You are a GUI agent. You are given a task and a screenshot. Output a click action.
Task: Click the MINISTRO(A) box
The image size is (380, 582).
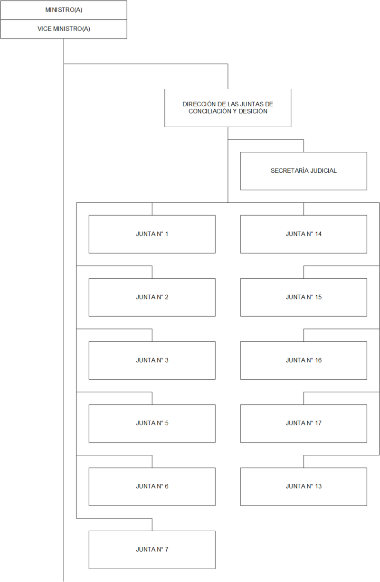coord(64,10)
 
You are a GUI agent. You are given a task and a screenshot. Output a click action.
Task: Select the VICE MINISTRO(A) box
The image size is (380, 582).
coord(64,29)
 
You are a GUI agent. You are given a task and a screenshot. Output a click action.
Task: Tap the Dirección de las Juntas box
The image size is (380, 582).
coord(228,108)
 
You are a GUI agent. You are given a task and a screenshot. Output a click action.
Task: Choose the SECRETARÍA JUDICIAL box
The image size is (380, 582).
coord(304,171)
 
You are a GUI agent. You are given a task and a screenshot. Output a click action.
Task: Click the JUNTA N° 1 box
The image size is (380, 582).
coord(152,234)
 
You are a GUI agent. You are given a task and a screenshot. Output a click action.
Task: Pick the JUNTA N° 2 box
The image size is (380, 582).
coord(152,297)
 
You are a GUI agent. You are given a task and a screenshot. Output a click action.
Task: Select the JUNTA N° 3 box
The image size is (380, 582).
coord(152,360)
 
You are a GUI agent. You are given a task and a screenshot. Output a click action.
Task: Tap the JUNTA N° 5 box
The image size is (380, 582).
coord(152,423)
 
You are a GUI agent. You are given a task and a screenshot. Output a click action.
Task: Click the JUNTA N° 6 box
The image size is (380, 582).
coord(152,487)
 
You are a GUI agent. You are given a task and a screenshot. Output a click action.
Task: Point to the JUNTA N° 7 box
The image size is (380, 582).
coord(152,550)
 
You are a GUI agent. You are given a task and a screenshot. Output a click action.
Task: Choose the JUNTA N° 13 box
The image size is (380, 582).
coord(304,487)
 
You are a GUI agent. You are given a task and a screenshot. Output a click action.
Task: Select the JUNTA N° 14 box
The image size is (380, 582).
coord(304,234)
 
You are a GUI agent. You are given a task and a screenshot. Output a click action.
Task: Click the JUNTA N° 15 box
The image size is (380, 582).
coord(304,297)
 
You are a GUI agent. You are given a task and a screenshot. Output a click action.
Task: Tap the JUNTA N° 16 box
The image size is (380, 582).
coord(304,360)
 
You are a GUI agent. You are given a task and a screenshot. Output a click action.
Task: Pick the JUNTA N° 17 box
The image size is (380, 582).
coord(304,423)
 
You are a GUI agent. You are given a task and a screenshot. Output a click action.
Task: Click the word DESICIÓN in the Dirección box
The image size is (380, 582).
coord(253,111)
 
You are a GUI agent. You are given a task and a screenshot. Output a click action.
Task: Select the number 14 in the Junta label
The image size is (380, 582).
coord(318,234)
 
